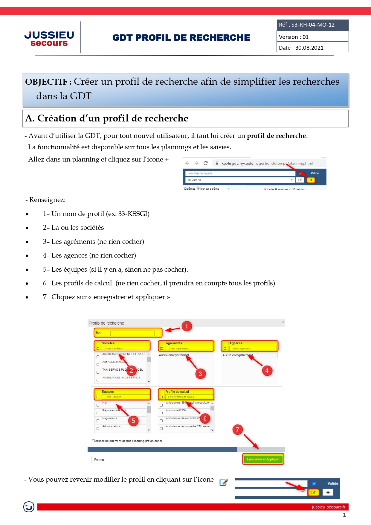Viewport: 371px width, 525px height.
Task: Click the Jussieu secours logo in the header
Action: [x=49, y=39]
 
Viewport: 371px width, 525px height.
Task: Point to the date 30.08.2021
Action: [x=309, y=48]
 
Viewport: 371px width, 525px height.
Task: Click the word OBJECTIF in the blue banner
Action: [x=46, y=82]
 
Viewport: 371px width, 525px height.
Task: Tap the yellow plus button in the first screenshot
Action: [x=311, y=180]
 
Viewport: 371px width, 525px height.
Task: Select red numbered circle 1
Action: [x=187, y=326]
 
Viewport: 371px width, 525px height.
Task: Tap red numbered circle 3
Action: [x=200, y=374]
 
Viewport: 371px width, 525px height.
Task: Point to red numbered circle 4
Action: [x=267, y=371]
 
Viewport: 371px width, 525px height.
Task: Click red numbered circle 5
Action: [x=133, y=421]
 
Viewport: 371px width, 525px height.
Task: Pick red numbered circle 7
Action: [x=237, y=430]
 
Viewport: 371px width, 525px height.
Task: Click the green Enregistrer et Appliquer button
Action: [x=263, y=459]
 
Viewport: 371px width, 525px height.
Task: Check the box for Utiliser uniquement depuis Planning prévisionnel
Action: [x=94, y=441]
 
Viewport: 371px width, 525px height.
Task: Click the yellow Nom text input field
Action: [x=132, y=333]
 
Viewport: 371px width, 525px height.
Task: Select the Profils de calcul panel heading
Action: [x=177, y=392]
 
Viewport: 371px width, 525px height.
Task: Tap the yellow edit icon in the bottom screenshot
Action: [x=313, y=492]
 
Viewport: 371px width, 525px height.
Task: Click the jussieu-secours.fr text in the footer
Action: [x=328, y=507]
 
